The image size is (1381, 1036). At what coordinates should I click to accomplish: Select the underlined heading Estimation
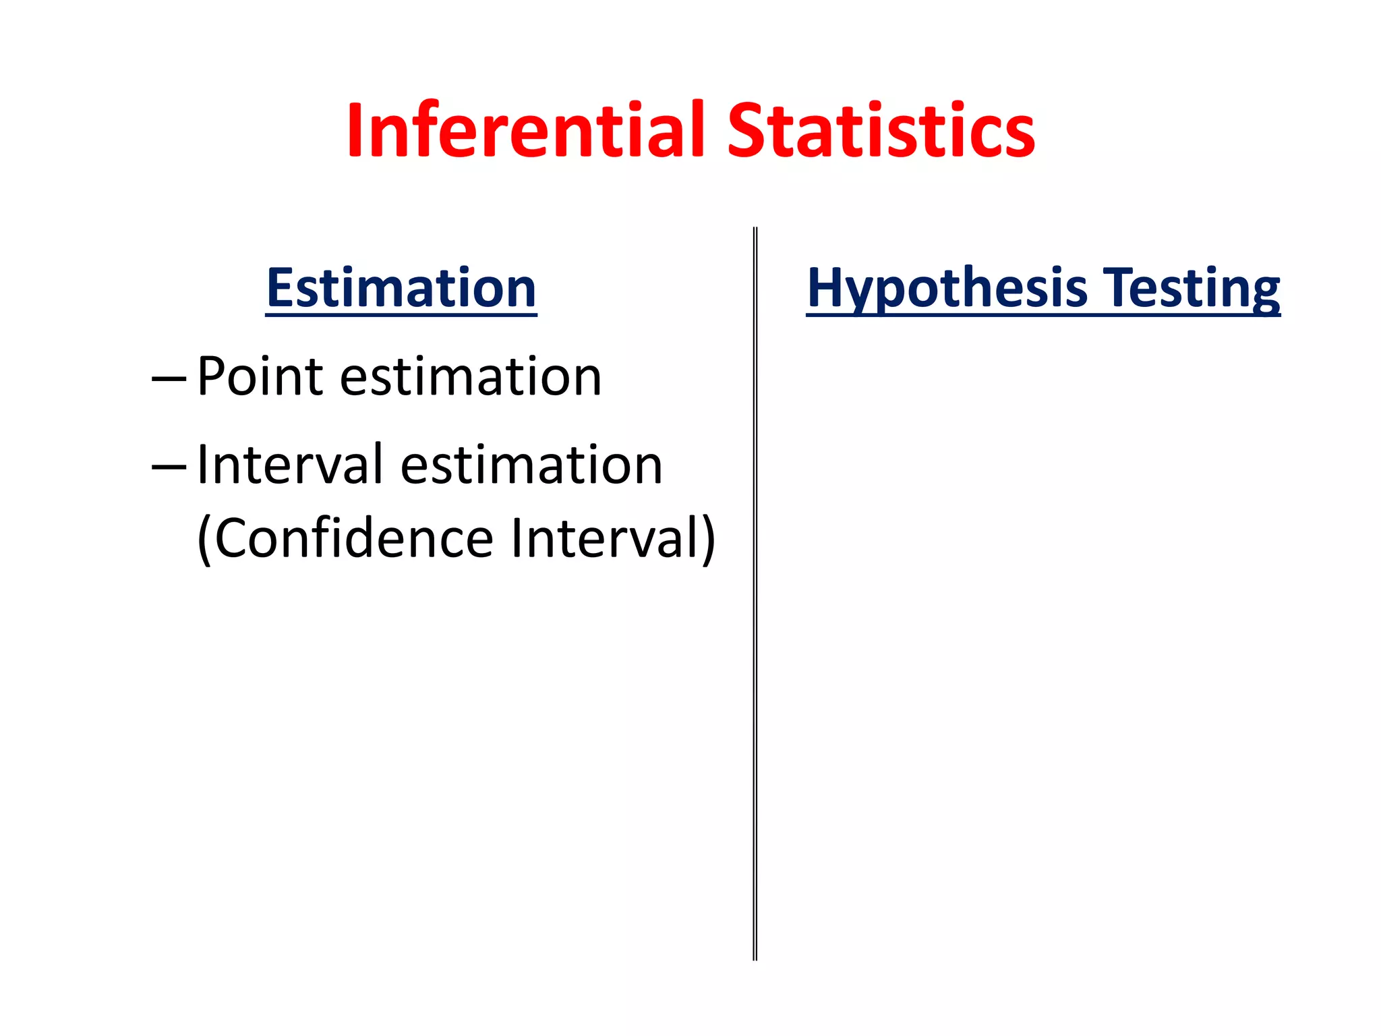[x=401, y=288]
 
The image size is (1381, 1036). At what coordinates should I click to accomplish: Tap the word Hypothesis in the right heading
[x=947, y=289]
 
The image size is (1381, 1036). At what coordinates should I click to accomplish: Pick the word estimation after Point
[x=470, y=376]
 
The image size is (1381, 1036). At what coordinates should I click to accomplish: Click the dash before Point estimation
[x=169, y=379]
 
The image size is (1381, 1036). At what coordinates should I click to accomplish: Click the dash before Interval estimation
[x=169, y=467]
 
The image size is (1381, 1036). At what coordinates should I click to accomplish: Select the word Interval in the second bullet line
[x=290, y=465]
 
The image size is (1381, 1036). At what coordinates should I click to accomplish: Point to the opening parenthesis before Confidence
[x=204, y=540]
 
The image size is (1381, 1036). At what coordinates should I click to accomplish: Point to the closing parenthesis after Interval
[x=707, y=540]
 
